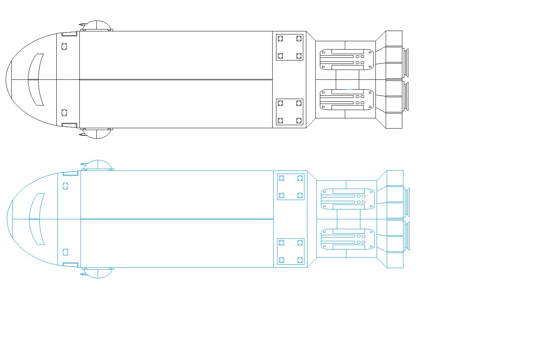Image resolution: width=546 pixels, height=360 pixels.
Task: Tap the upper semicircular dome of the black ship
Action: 97,25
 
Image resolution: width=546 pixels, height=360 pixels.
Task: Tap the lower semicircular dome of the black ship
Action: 97,133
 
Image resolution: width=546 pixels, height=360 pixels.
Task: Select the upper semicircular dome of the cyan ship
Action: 98,165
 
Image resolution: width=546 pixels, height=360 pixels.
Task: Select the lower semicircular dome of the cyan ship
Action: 98,273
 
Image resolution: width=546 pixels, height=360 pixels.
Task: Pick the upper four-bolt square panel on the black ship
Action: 290,47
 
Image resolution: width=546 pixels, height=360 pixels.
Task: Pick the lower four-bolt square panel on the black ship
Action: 290,112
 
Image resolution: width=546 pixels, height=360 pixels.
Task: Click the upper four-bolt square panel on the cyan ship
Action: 291,187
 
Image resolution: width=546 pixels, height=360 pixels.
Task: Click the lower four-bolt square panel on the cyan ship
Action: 291,251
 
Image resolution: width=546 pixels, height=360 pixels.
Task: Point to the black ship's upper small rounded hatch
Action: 64,47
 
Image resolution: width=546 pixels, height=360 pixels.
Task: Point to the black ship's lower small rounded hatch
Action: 64,112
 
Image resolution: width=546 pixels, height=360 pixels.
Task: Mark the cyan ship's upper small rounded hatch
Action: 65,186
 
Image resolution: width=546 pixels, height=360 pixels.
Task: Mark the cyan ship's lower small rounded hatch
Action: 65,252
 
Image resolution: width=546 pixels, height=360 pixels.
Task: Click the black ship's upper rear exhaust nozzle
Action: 406,63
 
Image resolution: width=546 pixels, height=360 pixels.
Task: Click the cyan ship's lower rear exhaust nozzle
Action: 407,236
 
